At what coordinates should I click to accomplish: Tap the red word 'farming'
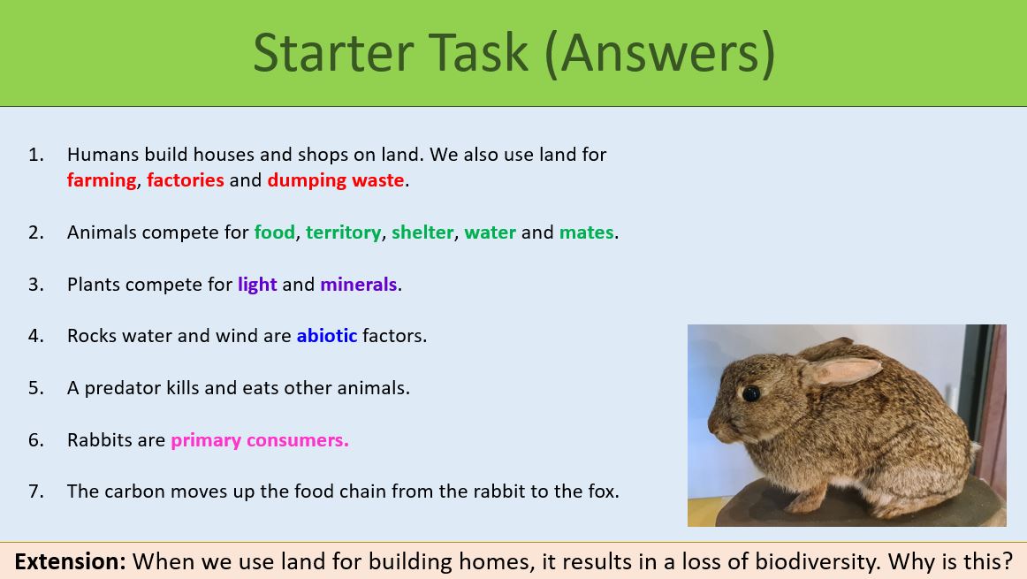point(102,180)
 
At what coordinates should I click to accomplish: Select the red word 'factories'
point(186,180)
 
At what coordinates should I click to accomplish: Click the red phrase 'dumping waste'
point(336,180)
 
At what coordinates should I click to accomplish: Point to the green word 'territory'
point(344,232)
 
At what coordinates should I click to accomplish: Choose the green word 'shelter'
point(422,232)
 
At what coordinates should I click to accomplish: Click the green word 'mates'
point(586,232)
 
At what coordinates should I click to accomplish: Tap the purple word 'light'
point(257,285)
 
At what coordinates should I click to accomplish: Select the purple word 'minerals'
point(358,285)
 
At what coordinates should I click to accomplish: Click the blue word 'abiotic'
point(327,336)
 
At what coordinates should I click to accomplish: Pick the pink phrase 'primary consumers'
point(259,440)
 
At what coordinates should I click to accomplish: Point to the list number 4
point(35,336)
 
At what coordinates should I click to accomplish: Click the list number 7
point(35,491)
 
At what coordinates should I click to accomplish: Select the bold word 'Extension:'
point(70,561)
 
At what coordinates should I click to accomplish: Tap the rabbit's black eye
point(751,393)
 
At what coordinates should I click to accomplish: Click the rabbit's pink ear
point(844,369)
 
